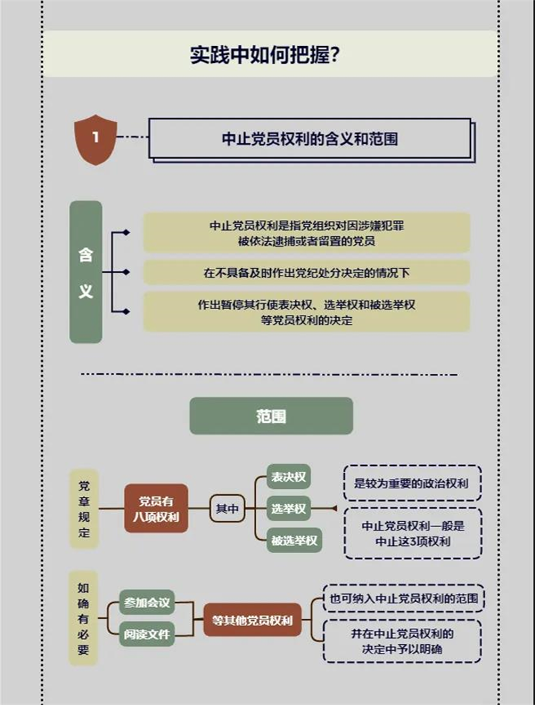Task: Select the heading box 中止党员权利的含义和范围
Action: coord(310,138)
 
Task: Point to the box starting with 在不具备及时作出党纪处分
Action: coord(306,273)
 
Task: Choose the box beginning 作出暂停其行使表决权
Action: coord(306,312)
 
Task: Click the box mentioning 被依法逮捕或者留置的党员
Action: coord(306,233)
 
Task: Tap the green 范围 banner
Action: coord(271,416)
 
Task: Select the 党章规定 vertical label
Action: coord(84,509)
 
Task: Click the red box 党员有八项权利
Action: coord(155,508)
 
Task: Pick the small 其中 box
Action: coord(227,509)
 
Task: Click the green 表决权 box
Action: coord(289,477)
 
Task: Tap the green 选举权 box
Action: coord(289,509)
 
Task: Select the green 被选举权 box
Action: coord(294,540)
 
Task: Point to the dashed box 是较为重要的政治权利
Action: coord(413,483)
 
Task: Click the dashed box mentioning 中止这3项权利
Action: coord(413,533)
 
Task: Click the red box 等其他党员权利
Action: coord(252,619)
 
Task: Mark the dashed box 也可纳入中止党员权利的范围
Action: coord(403,599)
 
